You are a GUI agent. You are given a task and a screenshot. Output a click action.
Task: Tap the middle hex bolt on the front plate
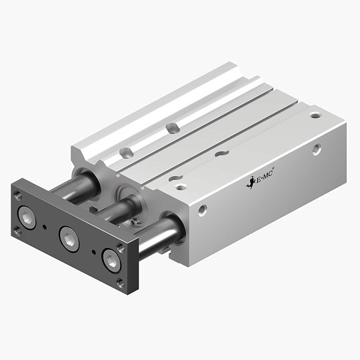pyautogui.click(x=69, y=237)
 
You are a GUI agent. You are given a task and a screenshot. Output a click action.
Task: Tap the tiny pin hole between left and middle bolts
pyautogui.click(x=45, y=227)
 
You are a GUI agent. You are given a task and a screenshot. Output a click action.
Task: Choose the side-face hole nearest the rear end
pyautogui.click(x=316, y=150)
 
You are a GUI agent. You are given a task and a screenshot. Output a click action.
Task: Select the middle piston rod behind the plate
pyautogui.click(x=113, y=215)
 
